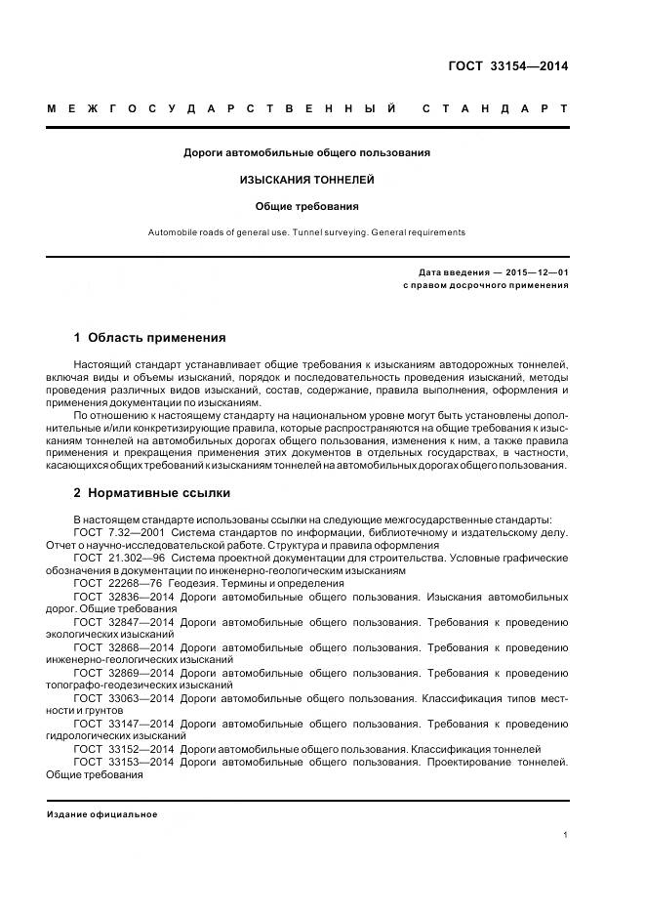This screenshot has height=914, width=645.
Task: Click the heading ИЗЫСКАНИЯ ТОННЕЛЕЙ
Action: (x=307, y=180)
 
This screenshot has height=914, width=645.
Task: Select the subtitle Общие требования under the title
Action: (x=307, y=206)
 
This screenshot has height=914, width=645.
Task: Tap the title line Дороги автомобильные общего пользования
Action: (x=307, y=152)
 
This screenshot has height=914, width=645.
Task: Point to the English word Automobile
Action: (x=172, y=232)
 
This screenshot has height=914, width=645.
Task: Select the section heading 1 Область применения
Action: (x=149, y=338)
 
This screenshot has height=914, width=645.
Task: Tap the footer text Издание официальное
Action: (x=101, y=814)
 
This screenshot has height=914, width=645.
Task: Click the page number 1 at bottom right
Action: (x=565, y=835)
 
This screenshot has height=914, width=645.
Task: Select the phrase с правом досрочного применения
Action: (x=485, y=285)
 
